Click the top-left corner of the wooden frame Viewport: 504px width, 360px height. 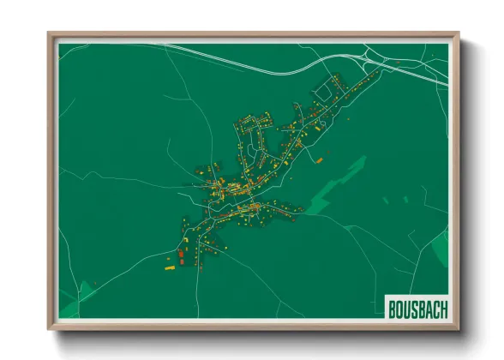50,35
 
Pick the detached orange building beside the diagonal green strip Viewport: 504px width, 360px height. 319,159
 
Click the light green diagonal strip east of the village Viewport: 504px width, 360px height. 339,180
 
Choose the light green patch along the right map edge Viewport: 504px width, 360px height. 440,249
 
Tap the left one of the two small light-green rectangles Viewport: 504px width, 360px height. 386,201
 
